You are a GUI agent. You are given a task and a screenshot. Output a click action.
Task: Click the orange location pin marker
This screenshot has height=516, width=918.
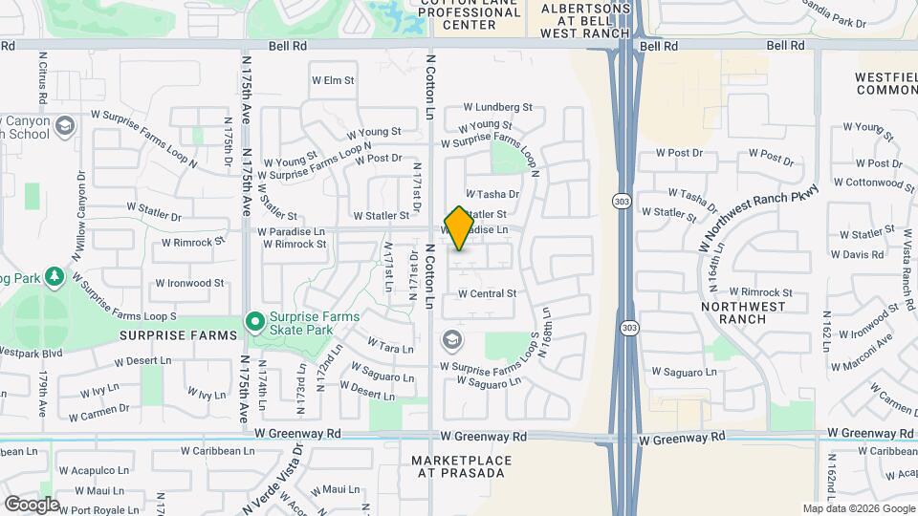tap(459, 227)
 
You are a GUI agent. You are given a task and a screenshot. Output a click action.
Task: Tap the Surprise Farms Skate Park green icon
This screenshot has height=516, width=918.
tap(255, 321)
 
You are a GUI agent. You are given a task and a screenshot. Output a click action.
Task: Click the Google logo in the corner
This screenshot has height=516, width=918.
tap(32, 505)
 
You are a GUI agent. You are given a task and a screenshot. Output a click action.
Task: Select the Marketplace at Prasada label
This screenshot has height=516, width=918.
tap(462, 467)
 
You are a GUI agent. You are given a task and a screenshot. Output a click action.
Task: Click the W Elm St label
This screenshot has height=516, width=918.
tap(333, 81)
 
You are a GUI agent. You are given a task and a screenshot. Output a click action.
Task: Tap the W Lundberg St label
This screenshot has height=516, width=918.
tap(497, 109)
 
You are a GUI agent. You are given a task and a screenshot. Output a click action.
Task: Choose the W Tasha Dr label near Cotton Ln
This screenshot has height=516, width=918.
tap(492, 194)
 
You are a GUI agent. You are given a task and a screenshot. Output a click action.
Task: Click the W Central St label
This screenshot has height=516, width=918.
tap(487, 293)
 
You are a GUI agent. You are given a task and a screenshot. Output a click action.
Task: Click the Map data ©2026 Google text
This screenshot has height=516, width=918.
tap(858, 508)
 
